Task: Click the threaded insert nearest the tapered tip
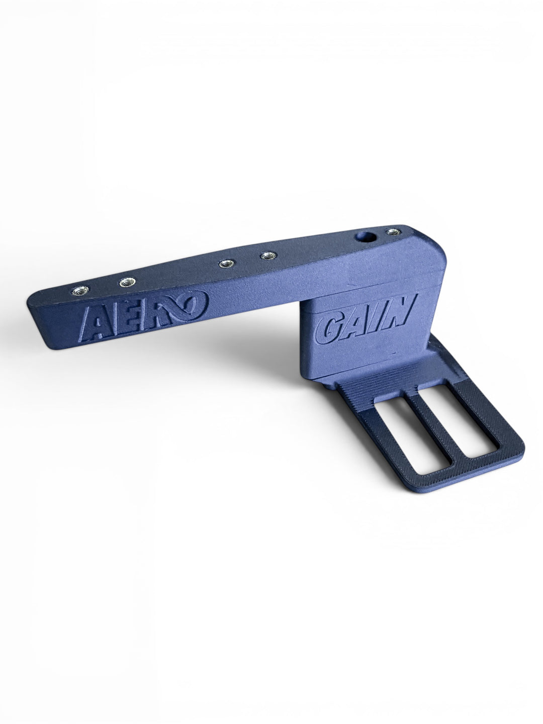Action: (x=80, y=291)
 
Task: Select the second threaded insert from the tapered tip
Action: (x=127, y=283)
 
